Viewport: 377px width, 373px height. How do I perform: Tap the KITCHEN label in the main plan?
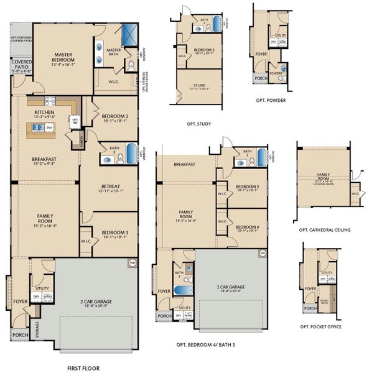[x=44, y=112]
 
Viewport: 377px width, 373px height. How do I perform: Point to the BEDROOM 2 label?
[x=115, y=116]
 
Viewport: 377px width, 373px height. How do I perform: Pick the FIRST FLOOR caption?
[x=83, y=351]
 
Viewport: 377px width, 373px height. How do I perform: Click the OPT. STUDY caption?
[x=199, y=124]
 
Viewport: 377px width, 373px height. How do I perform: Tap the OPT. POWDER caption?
[x=270, y=99]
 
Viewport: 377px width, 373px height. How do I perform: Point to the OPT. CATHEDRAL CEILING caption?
[x=325, y=229]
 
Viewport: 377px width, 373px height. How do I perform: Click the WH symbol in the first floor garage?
[x=131, y=262]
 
